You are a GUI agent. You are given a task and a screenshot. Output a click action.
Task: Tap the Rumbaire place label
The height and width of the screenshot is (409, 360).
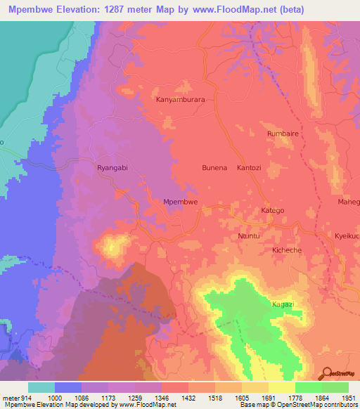click(x=284, y=133)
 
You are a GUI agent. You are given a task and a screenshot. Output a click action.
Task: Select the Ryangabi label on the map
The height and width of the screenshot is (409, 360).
click(x=112, y=169)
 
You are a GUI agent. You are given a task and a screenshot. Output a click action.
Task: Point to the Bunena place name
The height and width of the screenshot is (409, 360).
click(x=214, y=168)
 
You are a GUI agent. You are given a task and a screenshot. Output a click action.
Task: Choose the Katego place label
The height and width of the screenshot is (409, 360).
click(x=274, y=210)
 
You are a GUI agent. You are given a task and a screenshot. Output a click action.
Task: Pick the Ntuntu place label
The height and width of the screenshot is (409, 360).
click(x=250, y=236)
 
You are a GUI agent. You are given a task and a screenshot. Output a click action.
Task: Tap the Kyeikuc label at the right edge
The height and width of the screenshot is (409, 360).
click(x=347, y=236)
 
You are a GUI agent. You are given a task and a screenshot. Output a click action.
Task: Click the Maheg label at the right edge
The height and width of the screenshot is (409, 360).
click(x=348, y=202)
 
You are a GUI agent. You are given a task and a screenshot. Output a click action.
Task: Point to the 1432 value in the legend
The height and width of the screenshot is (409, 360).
click(x=188, y=397)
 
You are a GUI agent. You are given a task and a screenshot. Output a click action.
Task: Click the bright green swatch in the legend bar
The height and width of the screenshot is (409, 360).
click(x=308, y=387)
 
